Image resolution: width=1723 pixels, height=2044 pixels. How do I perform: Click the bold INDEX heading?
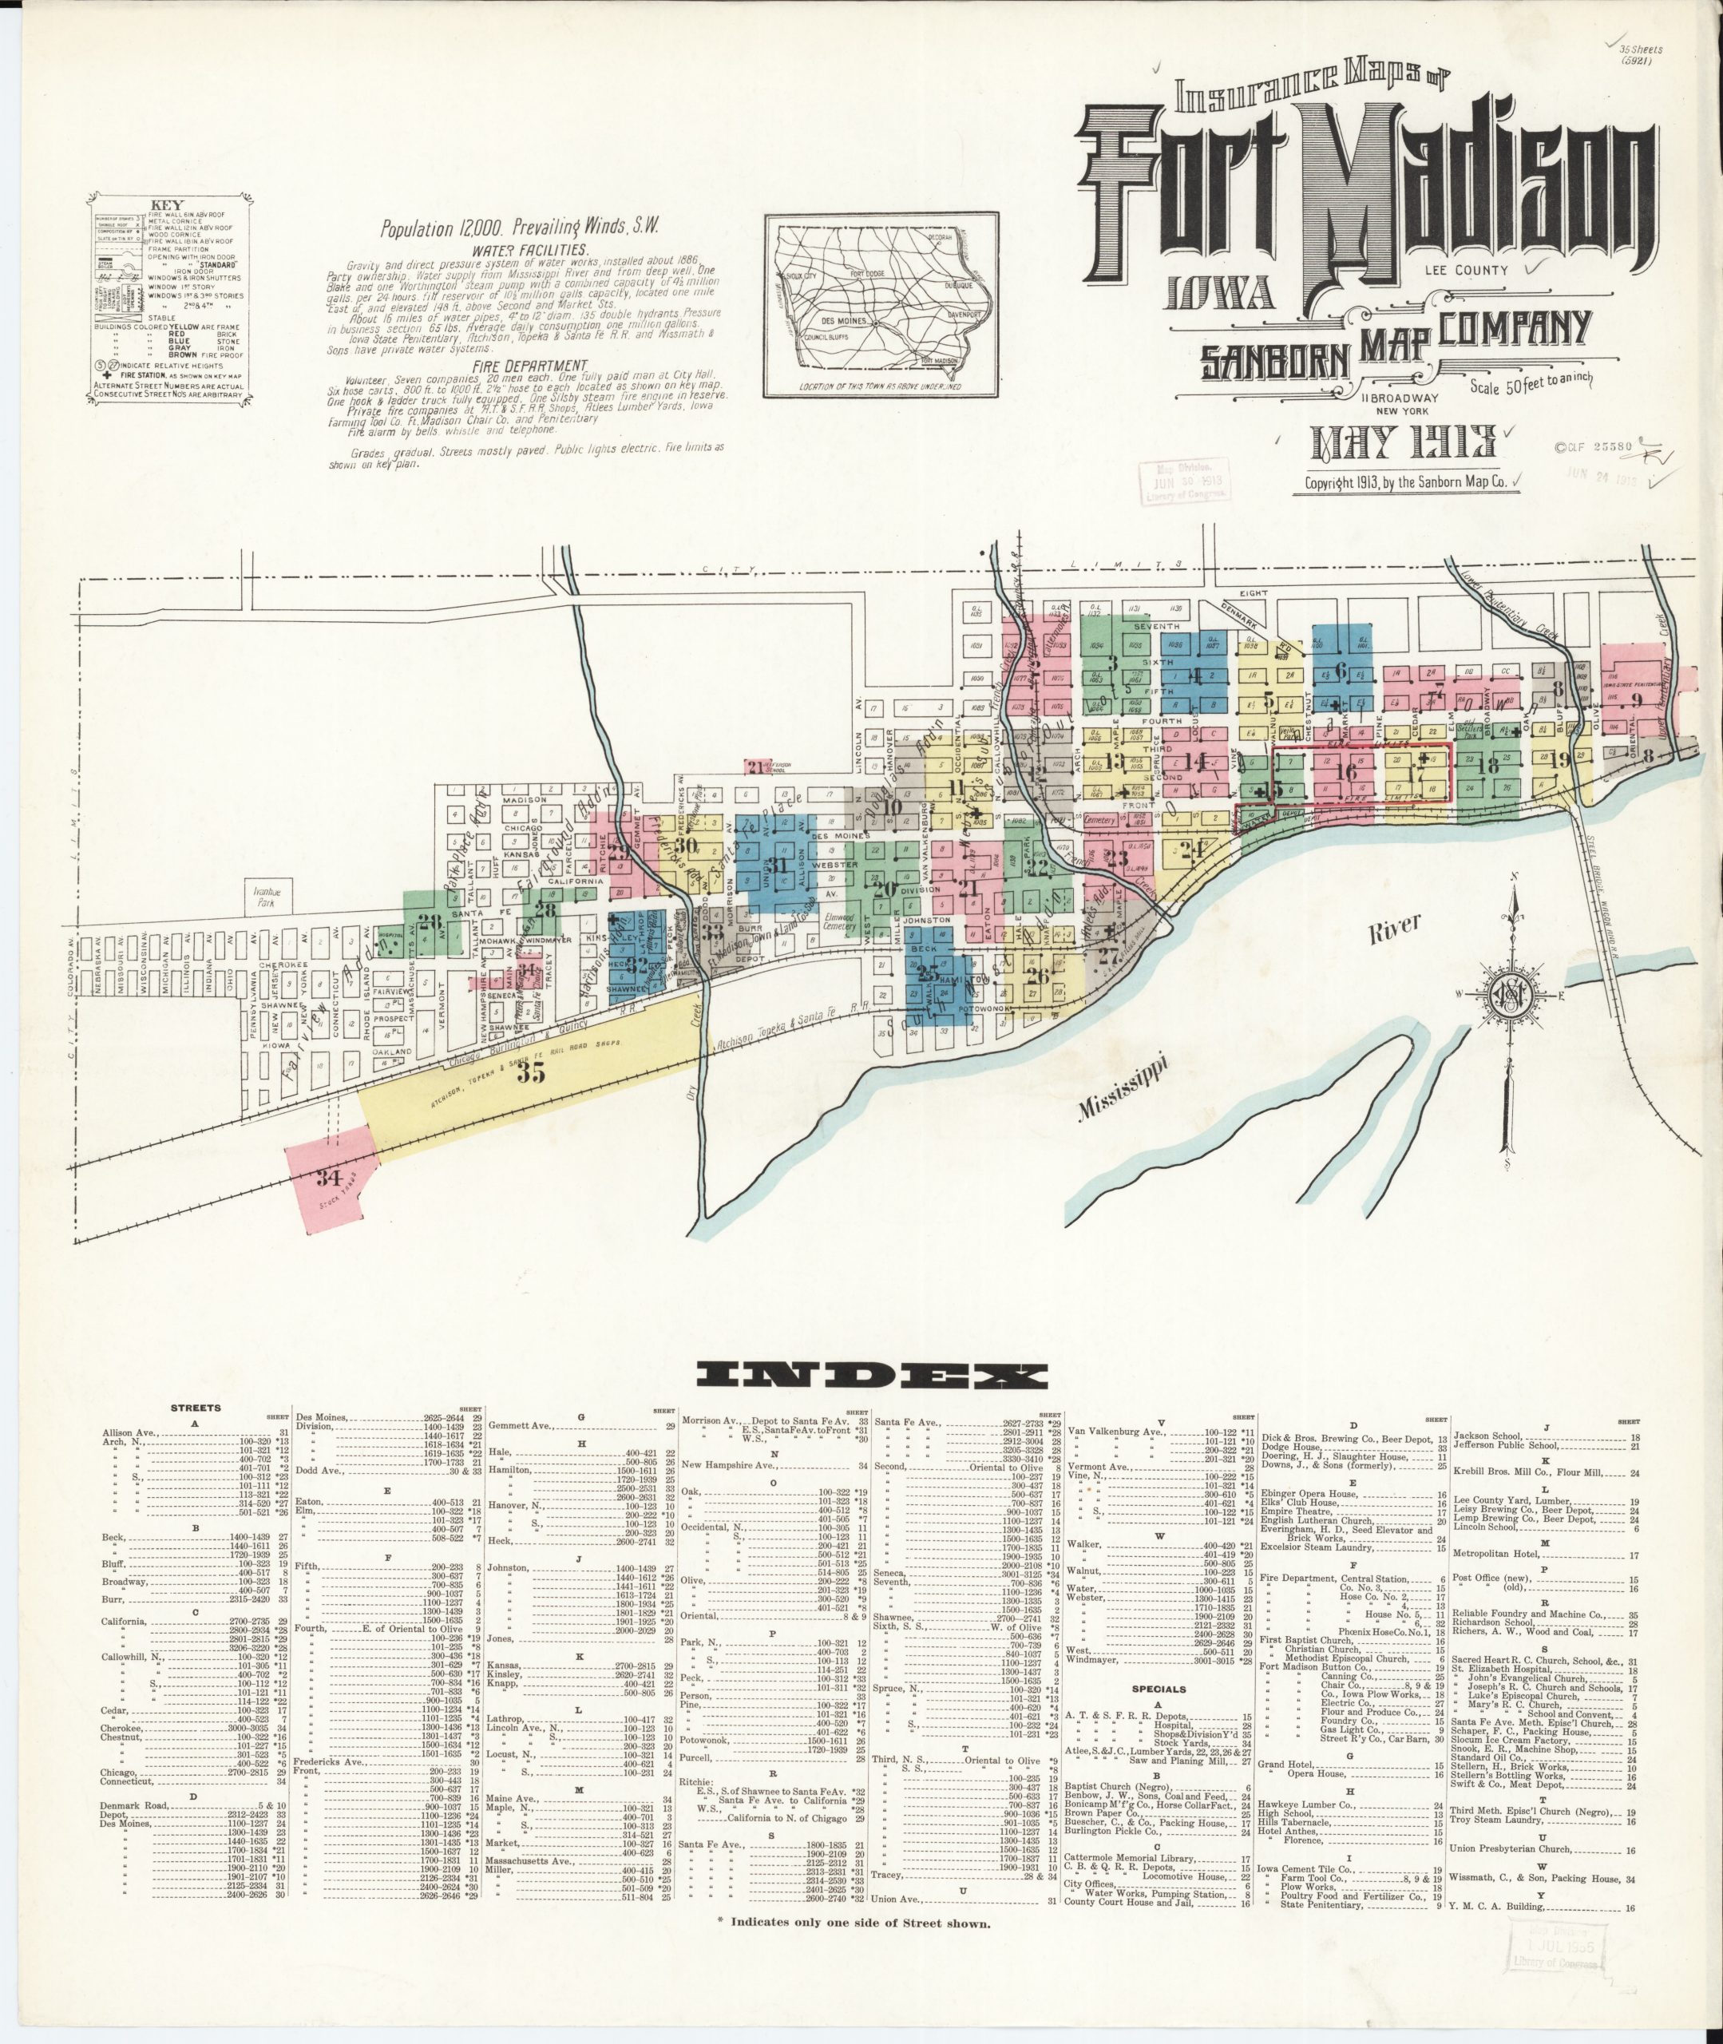click(x=872, y=1376)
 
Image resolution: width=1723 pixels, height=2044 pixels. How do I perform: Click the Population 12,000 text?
click(x=442, y=228)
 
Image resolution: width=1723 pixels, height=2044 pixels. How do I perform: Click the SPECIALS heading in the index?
click(x=1159, y=1689)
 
